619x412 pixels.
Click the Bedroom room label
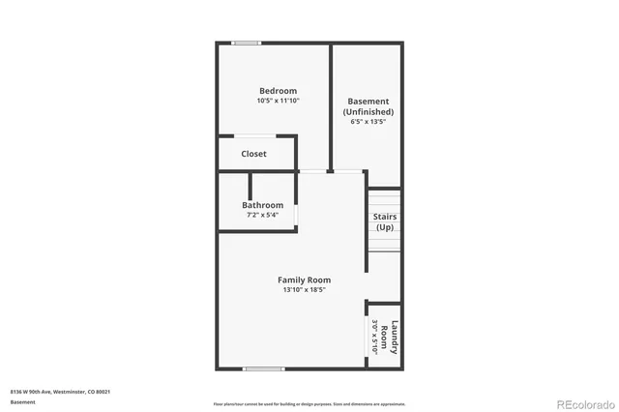pyautogui.click(x=278, y=91)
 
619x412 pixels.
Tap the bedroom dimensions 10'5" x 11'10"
pyautogui.click(x=278, y=101)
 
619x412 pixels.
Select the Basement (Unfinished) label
pyautogui.click(x=368, y=106)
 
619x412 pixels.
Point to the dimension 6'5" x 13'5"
pyautogui.click(x=368, y=122)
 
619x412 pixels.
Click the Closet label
pyautogui.click(x=254, y=154)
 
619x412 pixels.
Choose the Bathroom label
pyautogui.click(x=263, y=205)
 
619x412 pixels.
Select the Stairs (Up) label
pyautogui.click(x=384, y=221)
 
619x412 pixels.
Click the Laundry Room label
pyautogui.click(x=390, y=338)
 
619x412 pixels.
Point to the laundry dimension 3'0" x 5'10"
pyautogui.click(x=375, y=338)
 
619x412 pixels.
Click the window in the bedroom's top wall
pyautogui.click(x=246, y=43)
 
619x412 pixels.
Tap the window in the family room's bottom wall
pyautogui.click(x=263, y=368)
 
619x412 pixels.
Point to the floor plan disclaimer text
pyautogui.click(x=309, y=402)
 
